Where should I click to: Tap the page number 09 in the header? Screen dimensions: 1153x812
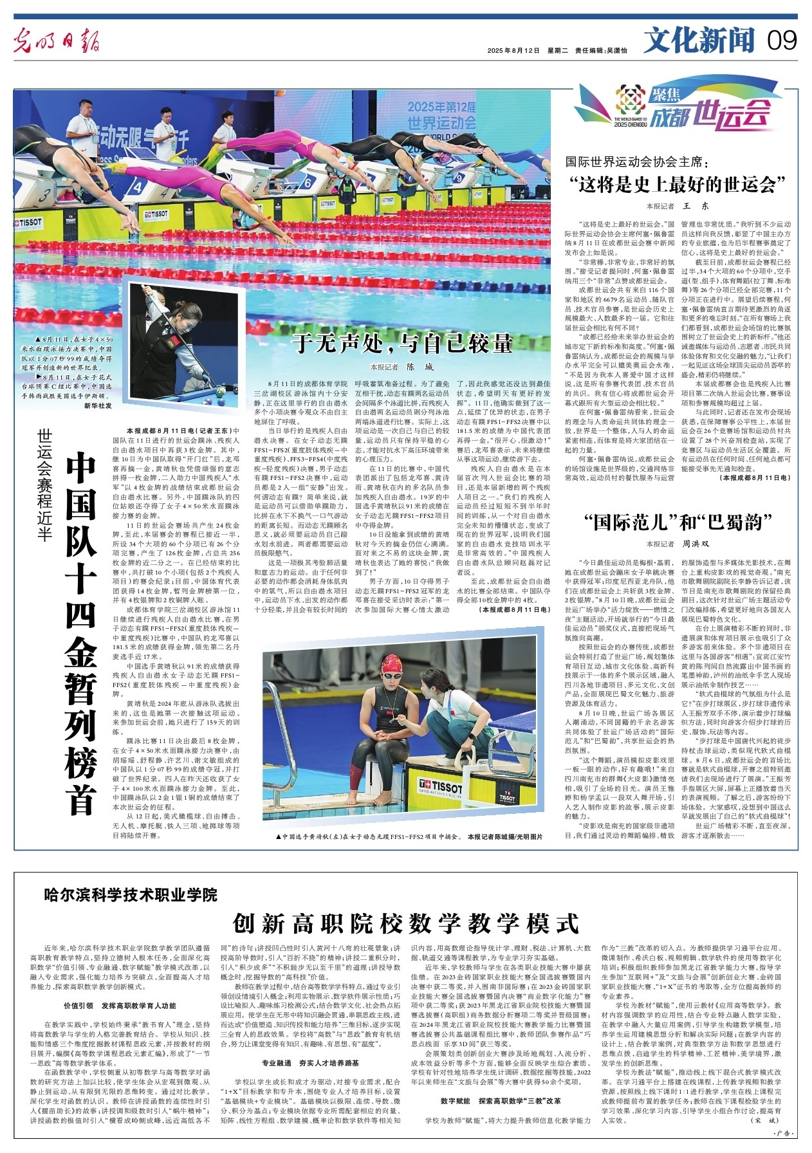pyautogui.click(x=782, y=40)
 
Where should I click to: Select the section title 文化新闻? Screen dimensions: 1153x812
pyautogui.click(x=699, y=41)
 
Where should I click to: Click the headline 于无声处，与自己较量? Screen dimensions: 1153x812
pyautogui.click(x=402, y=342)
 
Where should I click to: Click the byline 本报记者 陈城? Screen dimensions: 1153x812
pyautogui.click(x=402, y=367)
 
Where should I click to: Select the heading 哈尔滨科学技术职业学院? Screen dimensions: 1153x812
pyautogui.click(x=131, y=894)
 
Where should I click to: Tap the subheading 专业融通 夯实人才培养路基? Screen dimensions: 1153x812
pyautogui.click(x=310, y=1064)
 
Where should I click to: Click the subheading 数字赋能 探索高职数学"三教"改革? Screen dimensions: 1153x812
pyautogui.click(x=501, y=1101)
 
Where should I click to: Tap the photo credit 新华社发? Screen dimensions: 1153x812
pyautogui.click(x=98, y=405)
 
